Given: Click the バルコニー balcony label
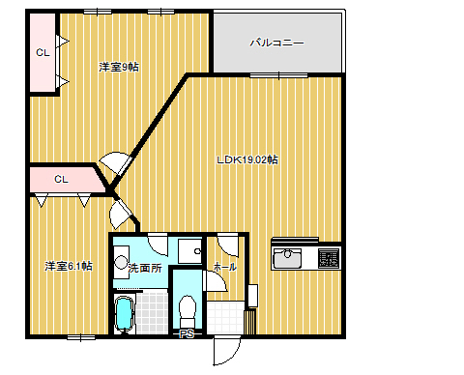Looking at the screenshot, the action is click(x=277, y=43).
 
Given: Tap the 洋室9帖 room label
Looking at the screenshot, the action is click(x=119, y=67).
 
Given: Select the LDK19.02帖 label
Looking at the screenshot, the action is click(x=247, y=159).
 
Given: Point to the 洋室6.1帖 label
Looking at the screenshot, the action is click(x=69, y=266).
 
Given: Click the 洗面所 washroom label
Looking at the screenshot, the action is click(x=145, y=268).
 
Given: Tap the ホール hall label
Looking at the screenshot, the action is click(x=225, y=267).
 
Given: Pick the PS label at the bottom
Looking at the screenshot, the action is click(x=187, y=334).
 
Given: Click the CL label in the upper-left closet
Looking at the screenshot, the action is click(x=43, y=52).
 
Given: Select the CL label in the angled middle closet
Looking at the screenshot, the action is click(x=61, y=179).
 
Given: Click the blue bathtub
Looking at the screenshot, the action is click(x=124, y=314).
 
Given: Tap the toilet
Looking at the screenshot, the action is click(x=188, y=311).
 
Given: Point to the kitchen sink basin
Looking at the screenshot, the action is click(x=288, y=258).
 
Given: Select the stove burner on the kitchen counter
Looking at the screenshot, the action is click(x=329, y=258).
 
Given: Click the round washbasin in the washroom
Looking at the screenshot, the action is click(x=121, y=262).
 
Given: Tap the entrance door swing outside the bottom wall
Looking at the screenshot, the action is click(x=227, y=350).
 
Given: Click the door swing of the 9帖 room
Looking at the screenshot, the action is click(x=115, y=162).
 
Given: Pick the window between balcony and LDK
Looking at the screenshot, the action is click(x=279, y=76).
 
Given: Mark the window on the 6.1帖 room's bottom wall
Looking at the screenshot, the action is click(x=81, y=337).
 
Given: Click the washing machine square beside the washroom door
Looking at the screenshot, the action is click(x=190, y=250).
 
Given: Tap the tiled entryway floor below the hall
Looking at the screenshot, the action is click(x=225, y=317).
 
